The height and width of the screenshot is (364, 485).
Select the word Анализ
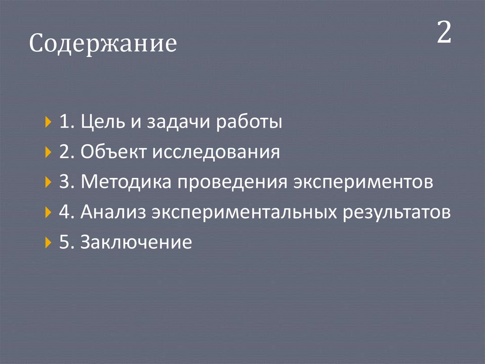113,213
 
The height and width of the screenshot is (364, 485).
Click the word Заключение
136,243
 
